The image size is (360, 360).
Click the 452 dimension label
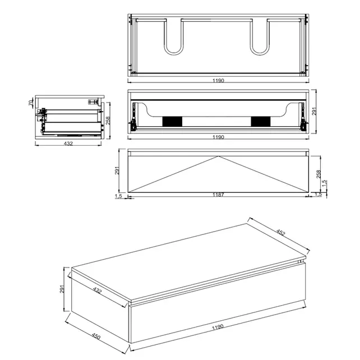pos(280,233)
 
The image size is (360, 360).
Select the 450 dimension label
pos(96,336)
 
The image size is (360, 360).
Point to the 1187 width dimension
pos(218,195)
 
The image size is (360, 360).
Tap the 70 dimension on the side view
pos(31,103)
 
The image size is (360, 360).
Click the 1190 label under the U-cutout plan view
pos(218,81)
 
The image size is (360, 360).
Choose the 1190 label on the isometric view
pos(218,327)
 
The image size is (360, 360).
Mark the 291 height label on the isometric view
pos(62,289)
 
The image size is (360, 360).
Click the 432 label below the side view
pos(68,144)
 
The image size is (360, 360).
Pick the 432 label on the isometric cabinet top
pos(97,290)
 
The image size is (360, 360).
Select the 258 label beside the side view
pos(108,121)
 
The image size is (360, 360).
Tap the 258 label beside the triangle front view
pos(318,174)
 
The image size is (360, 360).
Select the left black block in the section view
pos(172,122)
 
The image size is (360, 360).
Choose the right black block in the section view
pos(261,122)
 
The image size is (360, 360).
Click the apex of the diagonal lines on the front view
pos(218,156)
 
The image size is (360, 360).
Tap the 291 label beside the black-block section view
pos(315,111)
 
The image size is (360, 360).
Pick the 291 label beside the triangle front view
pos(117,170)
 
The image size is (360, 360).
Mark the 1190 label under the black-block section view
pos(218,137)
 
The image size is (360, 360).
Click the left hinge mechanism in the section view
pos(133,117)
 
